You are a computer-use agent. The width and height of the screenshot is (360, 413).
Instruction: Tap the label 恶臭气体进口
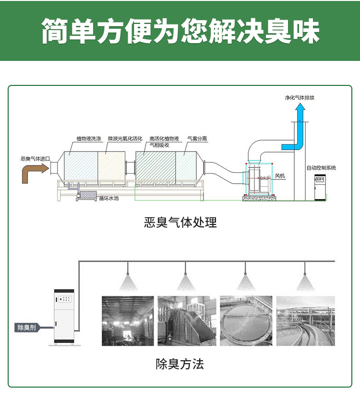[x=36, y=159]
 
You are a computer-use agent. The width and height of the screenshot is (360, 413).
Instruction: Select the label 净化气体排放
[x=300, y=98]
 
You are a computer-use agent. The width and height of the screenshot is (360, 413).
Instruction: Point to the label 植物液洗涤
[x=89, y=139]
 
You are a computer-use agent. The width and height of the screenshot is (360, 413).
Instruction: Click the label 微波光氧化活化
[x=125, y=139]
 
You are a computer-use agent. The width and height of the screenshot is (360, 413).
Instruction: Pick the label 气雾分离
[x=197, y=139]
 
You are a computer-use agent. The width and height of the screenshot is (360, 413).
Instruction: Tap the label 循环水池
[x=109, y=198]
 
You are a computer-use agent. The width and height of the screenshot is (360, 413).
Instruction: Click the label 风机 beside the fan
[x=280, y=176]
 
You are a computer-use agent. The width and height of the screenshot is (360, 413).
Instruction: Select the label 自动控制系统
[x=321, y=168]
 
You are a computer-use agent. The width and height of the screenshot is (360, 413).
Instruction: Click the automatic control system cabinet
[x=320, y=187]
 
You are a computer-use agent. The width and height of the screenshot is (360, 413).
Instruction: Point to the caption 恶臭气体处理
[x=180, y=222]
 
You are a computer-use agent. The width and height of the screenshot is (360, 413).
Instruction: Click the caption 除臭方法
[x=180, y=364]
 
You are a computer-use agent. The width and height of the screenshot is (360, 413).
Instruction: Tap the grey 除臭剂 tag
[x=27, y=328]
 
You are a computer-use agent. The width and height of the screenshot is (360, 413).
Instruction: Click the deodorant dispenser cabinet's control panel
[x=65, y=299]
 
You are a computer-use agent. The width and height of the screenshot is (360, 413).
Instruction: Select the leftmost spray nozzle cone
[x=128, y=283]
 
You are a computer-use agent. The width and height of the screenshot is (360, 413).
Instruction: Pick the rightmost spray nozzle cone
[x=305, y=283]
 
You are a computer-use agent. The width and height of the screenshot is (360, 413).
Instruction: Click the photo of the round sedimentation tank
[x=246, y=321]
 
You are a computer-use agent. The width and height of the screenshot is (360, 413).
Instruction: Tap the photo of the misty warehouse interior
[x=128, y=321]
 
